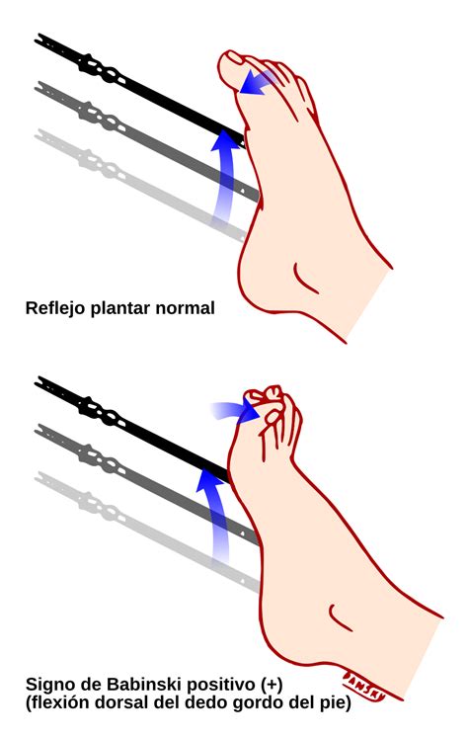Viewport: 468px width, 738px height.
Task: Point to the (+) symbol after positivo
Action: [x=270, y=685]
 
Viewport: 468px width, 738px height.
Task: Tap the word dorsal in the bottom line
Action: [x=118, y=703]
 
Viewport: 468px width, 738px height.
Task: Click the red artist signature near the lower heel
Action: [x=364, y=685]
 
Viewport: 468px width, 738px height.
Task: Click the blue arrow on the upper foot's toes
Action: [x=257, y=82]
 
